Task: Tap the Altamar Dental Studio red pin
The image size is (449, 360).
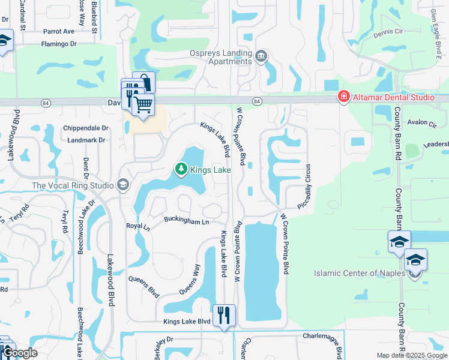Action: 343,97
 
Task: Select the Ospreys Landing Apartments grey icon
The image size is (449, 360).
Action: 261,57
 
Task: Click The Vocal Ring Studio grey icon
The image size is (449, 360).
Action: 124,185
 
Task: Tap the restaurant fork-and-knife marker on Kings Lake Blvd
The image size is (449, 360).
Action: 224,315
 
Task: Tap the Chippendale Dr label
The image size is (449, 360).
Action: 86,128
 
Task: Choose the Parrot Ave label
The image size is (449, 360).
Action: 58,31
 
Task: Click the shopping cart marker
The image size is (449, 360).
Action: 142,105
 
